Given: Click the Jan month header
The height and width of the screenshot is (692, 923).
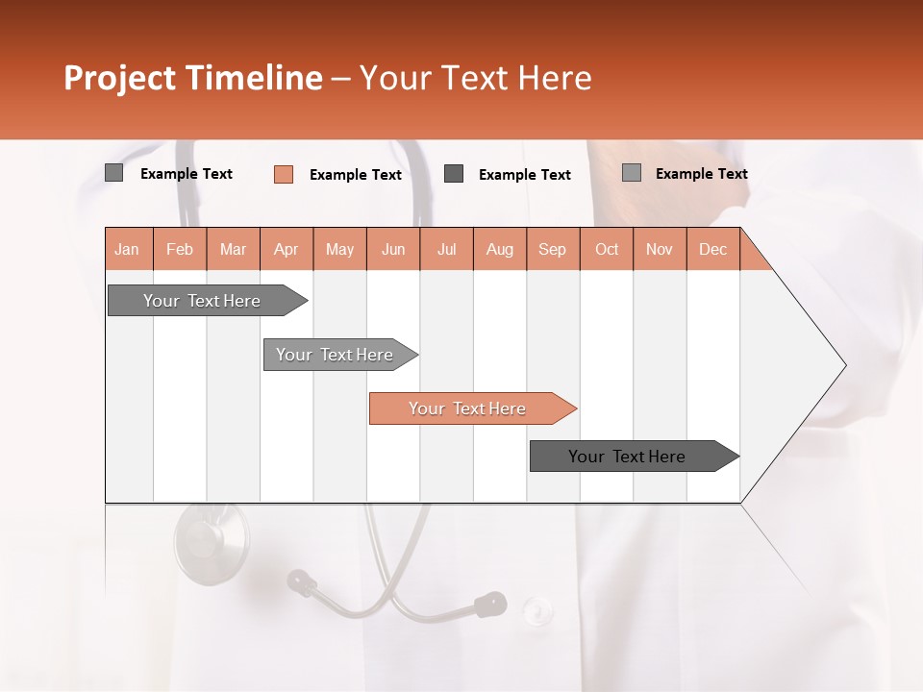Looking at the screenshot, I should point(128,249).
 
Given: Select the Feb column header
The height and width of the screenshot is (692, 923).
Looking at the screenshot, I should point(180,249).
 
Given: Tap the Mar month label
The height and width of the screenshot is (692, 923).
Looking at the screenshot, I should point(233,249).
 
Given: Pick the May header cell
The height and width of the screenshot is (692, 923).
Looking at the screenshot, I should point(339,249).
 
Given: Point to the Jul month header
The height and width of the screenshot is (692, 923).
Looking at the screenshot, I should point(446,249).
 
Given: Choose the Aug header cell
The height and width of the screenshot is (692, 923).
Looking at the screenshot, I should point(499,249).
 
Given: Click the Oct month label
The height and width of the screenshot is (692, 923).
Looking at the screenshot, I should point(607,249).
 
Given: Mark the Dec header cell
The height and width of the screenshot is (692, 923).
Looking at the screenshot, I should point(712,249).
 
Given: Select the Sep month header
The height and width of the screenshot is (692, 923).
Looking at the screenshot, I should point(552,249).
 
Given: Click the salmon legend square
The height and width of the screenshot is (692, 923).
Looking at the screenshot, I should point(284,174).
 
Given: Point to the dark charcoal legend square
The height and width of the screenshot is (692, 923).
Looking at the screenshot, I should point(454,174).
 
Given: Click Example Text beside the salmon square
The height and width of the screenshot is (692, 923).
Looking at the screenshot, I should point(355,175).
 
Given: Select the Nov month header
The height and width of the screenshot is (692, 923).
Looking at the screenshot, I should point(660,249).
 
